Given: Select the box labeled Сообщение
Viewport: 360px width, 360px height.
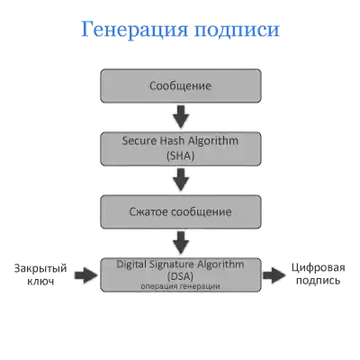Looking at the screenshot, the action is click(x=181, y=85).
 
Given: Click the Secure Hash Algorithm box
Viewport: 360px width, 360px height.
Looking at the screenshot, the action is click(x=181, y=148).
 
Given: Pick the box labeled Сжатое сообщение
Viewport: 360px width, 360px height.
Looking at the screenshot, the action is click(x=181, y=211).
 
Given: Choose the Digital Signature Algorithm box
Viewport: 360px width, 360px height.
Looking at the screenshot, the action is click(x=181, y=274).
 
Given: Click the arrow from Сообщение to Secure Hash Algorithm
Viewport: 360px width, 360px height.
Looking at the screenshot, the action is click(x=181, y=117).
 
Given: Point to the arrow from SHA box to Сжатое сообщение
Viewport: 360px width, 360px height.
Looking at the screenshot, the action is click(x=181, y=180).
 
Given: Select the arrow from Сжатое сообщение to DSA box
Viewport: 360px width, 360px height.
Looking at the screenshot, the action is click(x=181, y=243).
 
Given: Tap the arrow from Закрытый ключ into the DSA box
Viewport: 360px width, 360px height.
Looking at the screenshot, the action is click(x=86, y=275).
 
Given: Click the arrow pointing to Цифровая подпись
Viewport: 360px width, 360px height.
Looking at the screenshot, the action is click(x=274, y=275).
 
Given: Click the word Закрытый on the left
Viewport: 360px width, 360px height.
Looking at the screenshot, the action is click(x=40, y=268).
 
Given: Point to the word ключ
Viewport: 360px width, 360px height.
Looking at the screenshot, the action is click(x=40, y=282).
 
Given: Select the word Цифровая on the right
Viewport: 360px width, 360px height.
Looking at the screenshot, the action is click(x=319, y=267).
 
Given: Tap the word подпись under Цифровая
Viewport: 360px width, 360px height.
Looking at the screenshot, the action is click(x=319, y=281).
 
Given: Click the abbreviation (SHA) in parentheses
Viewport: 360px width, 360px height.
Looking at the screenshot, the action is click(x=181, y=156).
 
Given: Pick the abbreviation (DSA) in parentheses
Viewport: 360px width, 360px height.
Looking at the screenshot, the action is click(x=181, y=275).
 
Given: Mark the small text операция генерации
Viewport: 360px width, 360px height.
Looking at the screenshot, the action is click(x=181, y=286).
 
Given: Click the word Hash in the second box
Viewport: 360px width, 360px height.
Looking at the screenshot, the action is click(x=171, y=140).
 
